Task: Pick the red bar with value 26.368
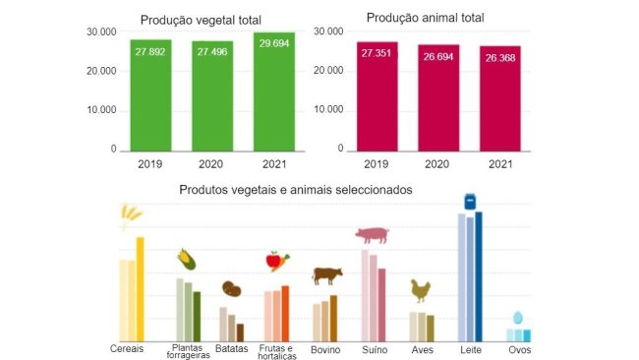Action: tap(499, 98)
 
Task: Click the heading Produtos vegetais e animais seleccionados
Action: tap(295, 189)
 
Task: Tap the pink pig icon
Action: tap(372, 234)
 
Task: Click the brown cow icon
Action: tap(326, 274)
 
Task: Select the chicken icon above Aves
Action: tap(421, 291)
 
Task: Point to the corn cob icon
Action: tap(186, 260)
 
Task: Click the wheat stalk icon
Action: tap(130, 214)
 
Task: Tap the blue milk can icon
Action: tap(471, 201)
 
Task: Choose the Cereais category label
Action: tap(128, 348)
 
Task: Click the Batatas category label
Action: tap(233, 348)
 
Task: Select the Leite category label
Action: tap(470, 348)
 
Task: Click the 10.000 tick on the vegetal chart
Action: tap(101, 109)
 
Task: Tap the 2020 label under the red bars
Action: tap(437, 164)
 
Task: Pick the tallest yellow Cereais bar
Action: tap(140, 289)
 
